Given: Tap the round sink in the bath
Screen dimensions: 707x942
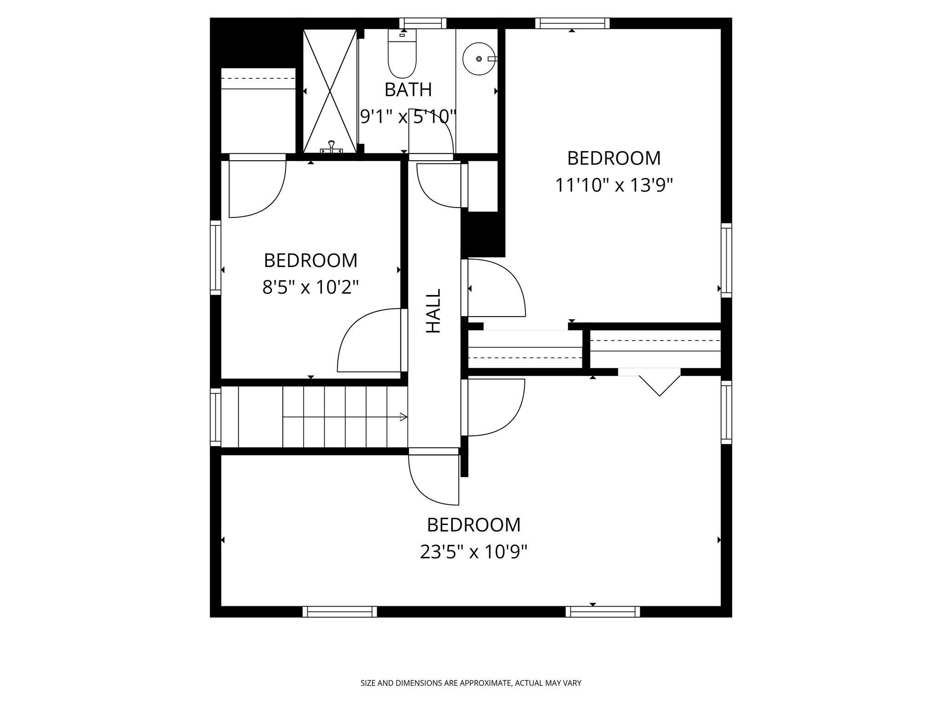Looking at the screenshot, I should click(x=479, y=59).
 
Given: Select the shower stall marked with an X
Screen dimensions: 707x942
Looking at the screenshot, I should click(x=330, y=91).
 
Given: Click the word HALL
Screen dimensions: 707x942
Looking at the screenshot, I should click(x=433, y=311).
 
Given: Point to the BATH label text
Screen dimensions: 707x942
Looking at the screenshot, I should click(x=408, y=90).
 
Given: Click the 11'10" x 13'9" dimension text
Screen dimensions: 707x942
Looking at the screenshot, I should click(x=614, y=185).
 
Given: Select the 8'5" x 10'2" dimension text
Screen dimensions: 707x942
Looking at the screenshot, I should click(x=310, y=288).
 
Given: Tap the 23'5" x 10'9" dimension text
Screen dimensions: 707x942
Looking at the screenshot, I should click(x=473, y=551).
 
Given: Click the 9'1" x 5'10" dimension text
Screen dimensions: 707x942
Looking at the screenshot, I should click(x=408, y=116).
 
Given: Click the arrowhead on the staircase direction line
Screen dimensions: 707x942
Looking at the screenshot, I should click(x=403, y=417).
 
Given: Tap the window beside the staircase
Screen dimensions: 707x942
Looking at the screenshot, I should click(x=215, y=417).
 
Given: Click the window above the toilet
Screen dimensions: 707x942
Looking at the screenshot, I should click(x=423, y=23).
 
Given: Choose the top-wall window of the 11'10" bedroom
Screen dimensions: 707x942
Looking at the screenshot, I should click(x=572, y=23).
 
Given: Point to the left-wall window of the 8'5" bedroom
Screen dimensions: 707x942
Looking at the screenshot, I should click(x=215, y=257).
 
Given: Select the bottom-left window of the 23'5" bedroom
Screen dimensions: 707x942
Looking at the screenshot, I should click(x=339, y=611).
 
